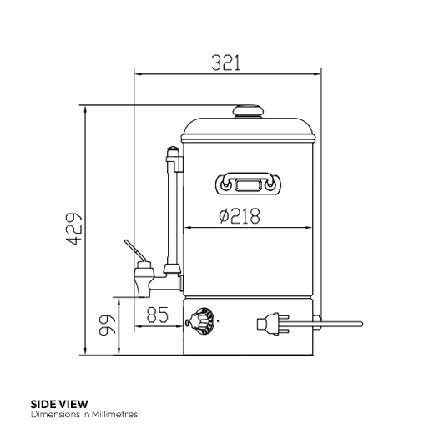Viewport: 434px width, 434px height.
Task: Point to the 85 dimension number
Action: pyautogui.click(x=157, y=315)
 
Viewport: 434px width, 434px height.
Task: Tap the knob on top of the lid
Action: pyautogui.click(x=248, y=110)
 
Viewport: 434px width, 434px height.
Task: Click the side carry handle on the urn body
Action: pyautogui.click(x=249, y=182)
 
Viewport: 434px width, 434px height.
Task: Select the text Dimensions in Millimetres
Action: pyautogui.click(x=83, y=414)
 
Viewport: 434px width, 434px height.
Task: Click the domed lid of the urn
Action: pyautogui.click(x=249, y=128)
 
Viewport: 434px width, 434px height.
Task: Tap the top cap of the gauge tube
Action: pyautogui.click(x=173, y=151)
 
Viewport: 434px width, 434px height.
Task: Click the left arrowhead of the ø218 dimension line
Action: pyautogui.click(x=185, y=226)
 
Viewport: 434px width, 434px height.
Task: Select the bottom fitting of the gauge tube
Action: pyautogui.click(x=173, y=270)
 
